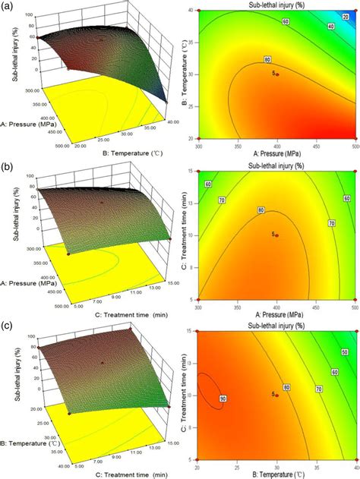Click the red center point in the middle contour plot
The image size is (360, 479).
click(x=277, y=235)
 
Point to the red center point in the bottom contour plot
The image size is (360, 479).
click(x=277, y=395)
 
